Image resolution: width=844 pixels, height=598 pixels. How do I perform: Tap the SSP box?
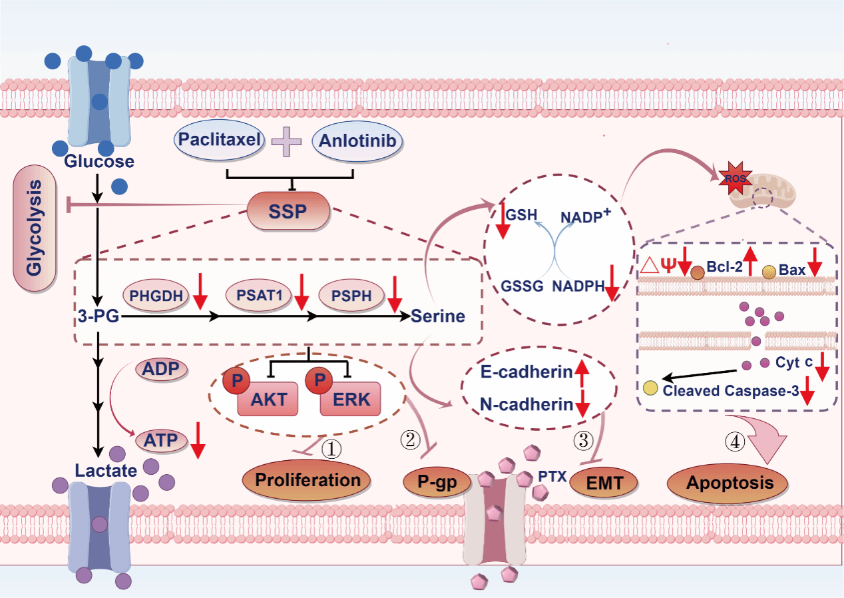(288, 212)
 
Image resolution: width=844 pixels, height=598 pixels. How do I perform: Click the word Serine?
(437, 316)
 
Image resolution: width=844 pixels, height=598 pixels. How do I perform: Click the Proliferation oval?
(308, 479)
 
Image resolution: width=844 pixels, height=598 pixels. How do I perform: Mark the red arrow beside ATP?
(198, 442)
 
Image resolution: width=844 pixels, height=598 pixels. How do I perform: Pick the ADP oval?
(161, 369)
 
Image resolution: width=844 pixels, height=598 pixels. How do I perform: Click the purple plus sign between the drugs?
(287, 142)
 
